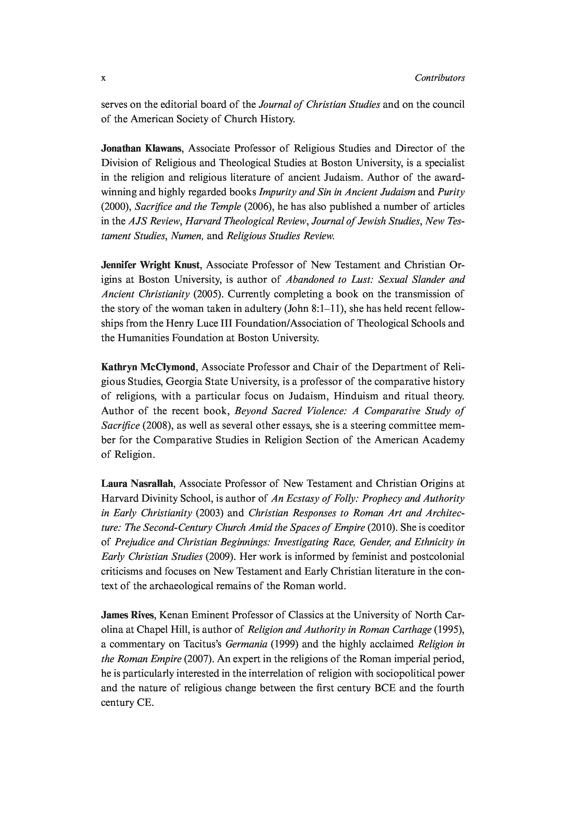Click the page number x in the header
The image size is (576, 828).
(103, 78)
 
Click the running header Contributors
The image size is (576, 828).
(440, 78)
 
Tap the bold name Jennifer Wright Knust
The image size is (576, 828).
(150, 265)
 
